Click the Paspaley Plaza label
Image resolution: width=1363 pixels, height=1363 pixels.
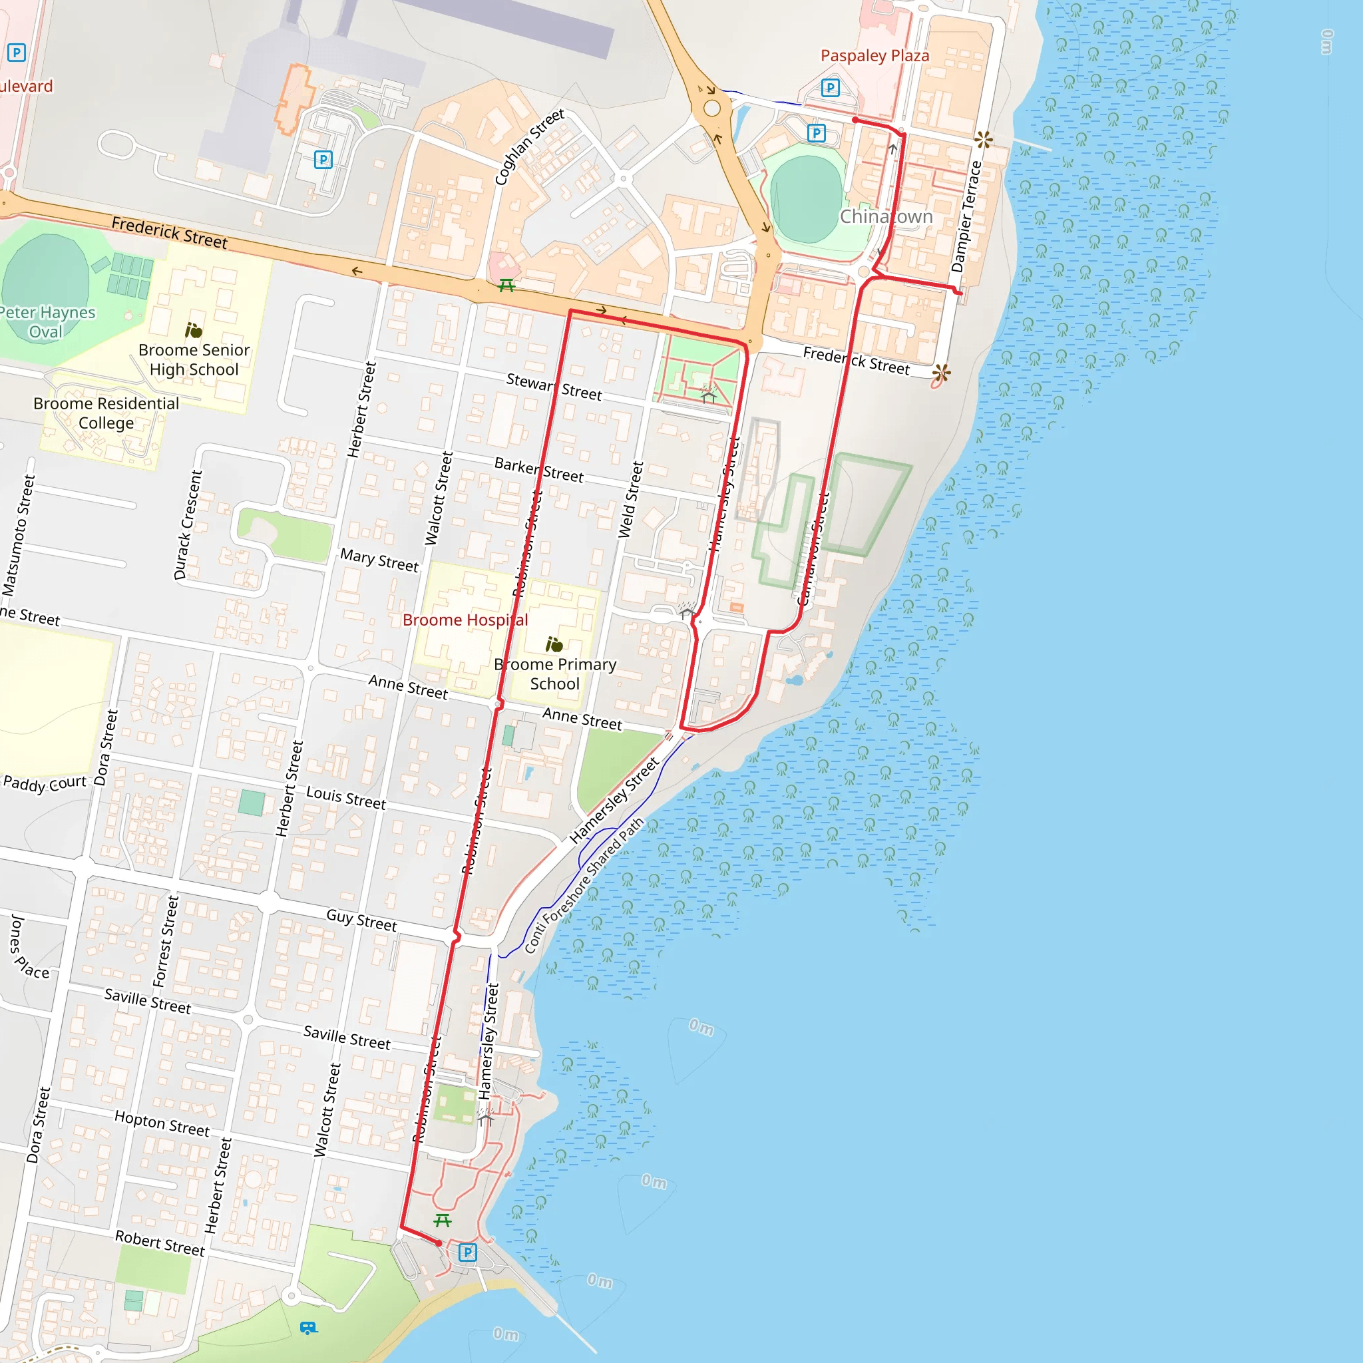pyautogui.click(x=874, y=56)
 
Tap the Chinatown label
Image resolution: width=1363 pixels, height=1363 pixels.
pyautogui.click(x=885, y=216)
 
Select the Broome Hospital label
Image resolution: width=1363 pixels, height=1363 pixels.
pyautogui.click(x=465, y=620)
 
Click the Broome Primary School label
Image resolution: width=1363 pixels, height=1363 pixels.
pyautogui.click(x=555, y=674)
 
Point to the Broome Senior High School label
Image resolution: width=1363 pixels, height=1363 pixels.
pyautogui.click(x=194, y=360)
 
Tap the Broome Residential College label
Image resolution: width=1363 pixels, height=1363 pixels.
pyautogui.click(x=106, y=413)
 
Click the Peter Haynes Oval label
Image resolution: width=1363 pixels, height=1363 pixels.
pyautogui.click(x=47, y=321)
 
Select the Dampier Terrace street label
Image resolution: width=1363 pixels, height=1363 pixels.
pyautogui.click(x=966, y=216)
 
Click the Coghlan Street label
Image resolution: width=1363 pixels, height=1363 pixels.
pyautogui.click(x=529, y=146)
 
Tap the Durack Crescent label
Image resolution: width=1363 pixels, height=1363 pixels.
pyautogui.click(x=188, y=525)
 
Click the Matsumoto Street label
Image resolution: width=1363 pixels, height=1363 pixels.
pyautogui.click(x=18, y=536)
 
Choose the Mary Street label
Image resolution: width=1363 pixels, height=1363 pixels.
pyautogui.click(x=379, y=560)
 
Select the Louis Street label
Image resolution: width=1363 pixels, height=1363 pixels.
pyautogui.click(x=345, y=797)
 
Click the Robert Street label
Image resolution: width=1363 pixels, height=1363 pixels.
pyautogui.click(x=160, y=1243)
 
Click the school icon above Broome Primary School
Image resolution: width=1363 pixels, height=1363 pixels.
pyautogui.click(x=554, y=644)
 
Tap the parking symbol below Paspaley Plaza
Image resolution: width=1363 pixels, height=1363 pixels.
pyautogui.click(x=831, y=89)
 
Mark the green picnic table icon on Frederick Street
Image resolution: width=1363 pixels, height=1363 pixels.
pyautogui.click(x=506, y=286)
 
